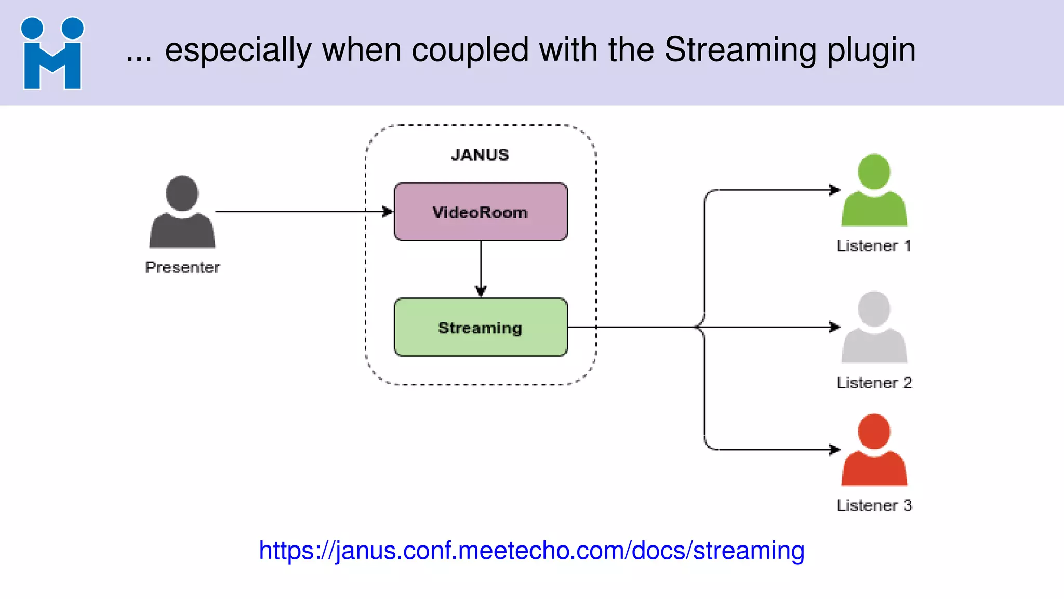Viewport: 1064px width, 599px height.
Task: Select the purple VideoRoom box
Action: click(480, 212)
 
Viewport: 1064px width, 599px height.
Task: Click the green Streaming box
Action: click(480, 328)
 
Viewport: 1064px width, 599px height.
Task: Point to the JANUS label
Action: click(480, 155)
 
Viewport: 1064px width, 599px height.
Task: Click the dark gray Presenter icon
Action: click(182, 213)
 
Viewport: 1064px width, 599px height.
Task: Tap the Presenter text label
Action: click(182, 267)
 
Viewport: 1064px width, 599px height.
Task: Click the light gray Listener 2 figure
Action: click(874, 329)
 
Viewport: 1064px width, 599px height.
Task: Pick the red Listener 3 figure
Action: click(874, 451)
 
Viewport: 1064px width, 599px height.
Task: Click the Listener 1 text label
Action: click(874, 245)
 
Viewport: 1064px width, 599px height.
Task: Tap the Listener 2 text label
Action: click(874, 383)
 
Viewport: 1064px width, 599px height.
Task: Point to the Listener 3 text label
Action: click(874, 505)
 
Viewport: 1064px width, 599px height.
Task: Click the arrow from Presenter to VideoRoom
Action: click(301, 212)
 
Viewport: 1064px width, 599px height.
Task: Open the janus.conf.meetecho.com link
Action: click(531, 551)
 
